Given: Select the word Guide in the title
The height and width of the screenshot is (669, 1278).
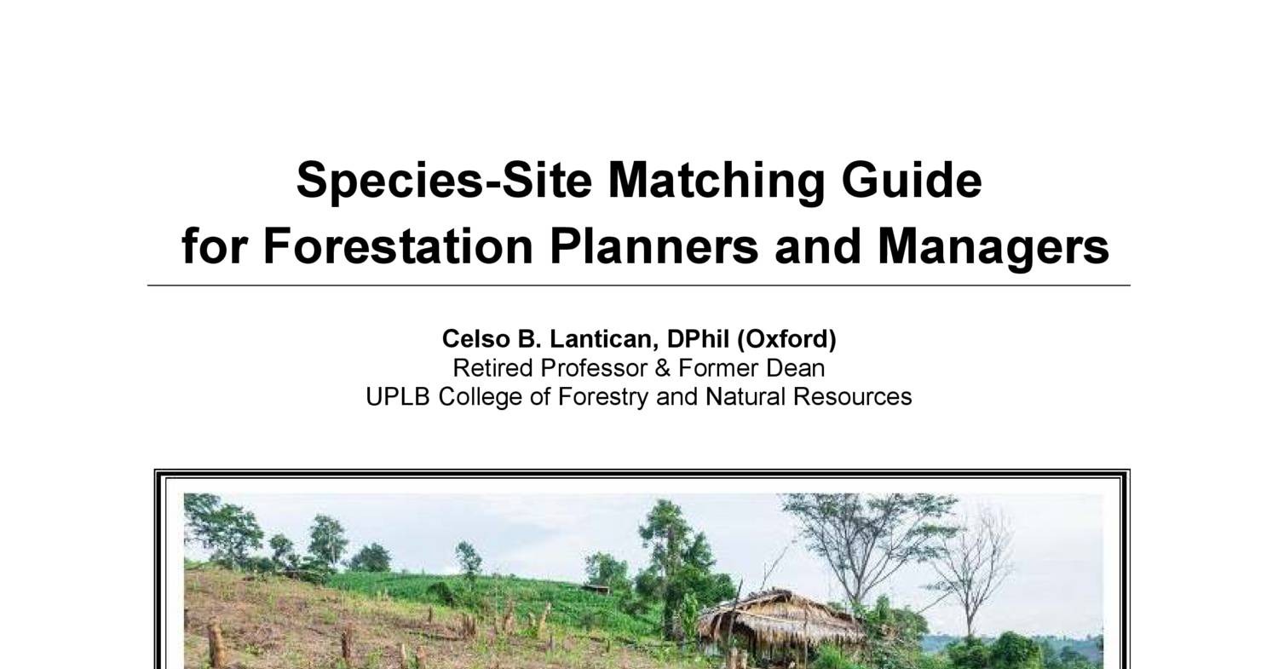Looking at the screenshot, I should click(x=912, y=181).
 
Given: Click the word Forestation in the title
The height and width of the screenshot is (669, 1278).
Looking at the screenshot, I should click(x=400, y=246).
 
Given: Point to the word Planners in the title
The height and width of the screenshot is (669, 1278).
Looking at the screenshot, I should click(x=653, y=246).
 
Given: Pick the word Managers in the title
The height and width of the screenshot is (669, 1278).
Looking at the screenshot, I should click(x=993, y=246).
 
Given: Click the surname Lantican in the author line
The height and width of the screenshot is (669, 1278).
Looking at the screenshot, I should click(x=601, y=339).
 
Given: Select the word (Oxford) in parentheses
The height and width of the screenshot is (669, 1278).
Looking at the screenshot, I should click(x=786, y=339).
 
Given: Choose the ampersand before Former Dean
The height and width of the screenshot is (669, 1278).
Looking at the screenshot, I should click(x=663, y=368).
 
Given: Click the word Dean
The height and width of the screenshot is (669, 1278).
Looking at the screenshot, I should click(x=799, y=368).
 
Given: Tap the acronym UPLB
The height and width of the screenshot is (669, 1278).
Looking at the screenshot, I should click(x=399, y=397).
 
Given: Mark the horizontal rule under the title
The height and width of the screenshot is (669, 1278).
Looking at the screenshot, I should click(x=639, y=285).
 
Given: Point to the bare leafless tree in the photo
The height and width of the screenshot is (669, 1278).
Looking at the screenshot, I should click(x=971, y=562).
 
